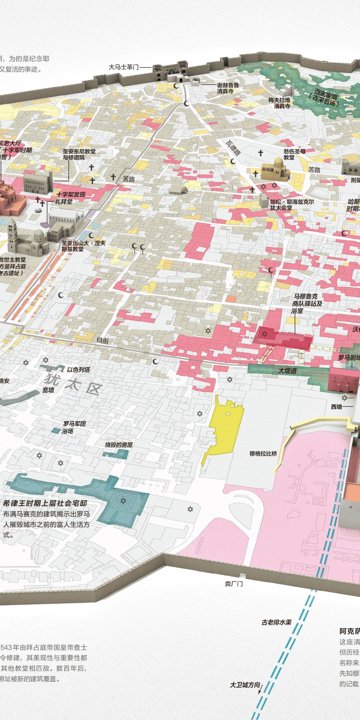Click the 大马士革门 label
(123, 67)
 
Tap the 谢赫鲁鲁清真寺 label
(228, 88)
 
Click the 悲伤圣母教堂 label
(294, 154)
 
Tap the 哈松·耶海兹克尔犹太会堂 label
(292, 205)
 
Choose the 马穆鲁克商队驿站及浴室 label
(307, 303)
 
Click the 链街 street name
(103, 340)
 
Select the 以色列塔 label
(78, 370)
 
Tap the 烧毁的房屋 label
(119, 445)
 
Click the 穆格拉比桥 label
(263, 454)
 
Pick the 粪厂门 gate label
(234, 584)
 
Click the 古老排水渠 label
(276, 622)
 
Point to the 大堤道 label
(288, 370)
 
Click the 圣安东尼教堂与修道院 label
(79, 154)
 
